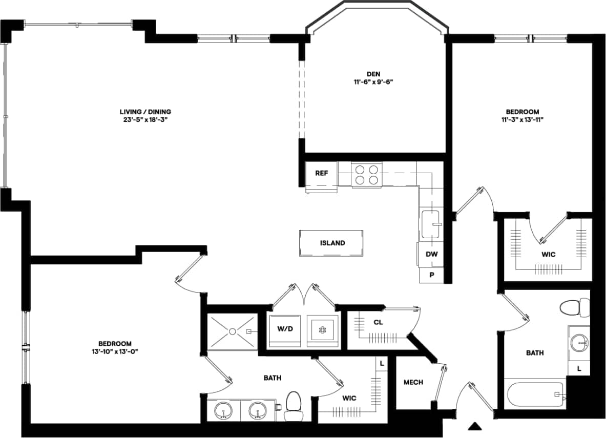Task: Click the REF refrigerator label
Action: click(321, 173)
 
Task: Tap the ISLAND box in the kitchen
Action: click(332, 243)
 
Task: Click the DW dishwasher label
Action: click(431, 254)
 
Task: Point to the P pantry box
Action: click(432, 275)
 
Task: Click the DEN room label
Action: click(373, 74)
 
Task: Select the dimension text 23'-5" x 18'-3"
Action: click(145, 120)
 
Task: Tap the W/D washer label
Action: click(284, 329)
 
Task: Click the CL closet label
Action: click(378, 322)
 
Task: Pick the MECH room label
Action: click(413, 382)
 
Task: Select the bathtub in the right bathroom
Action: click(535, 395)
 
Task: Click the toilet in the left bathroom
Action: click(294, 403)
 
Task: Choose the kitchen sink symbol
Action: click(431, 224)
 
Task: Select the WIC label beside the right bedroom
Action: click(548, 255)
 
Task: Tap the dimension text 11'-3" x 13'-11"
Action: click(522, 120)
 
